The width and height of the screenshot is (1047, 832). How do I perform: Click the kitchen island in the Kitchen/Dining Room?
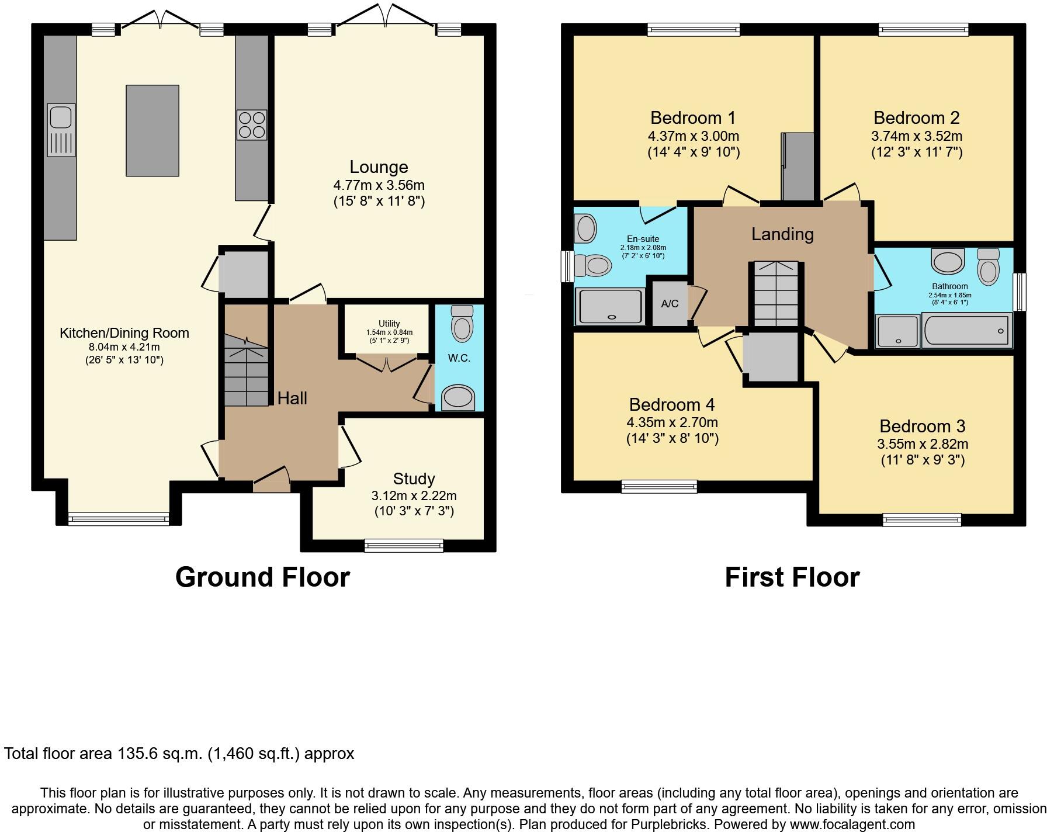tap(152, 130)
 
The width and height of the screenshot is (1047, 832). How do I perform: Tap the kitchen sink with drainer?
tap(61, 130)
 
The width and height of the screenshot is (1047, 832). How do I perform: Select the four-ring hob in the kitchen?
tap(252, 125)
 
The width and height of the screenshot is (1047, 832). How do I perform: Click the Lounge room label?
tap(379, 167)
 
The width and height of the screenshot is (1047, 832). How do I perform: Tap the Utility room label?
tap(389, 324)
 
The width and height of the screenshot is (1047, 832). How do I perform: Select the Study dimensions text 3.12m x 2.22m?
tap(414, 496)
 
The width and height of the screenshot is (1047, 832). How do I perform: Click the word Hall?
tap(292, 398)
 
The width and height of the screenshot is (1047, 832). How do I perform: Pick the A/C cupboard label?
tap(670, 304)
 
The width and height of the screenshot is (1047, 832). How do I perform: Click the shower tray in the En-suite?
tap(611, 306)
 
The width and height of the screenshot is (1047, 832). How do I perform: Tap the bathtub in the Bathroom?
tap(966, 331)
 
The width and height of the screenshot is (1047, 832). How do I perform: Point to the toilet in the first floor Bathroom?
tap(988, 267)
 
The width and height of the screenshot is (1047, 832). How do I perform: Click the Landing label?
tap(782, 234)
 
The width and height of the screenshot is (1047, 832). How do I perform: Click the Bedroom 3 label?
tap(923, 426)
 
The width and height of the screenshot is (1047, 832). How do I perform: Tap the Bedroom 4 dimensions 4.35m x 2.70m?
tap(672, 422)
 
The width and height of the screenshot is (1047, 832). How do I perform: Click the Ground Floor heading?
tap(262, 577)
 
